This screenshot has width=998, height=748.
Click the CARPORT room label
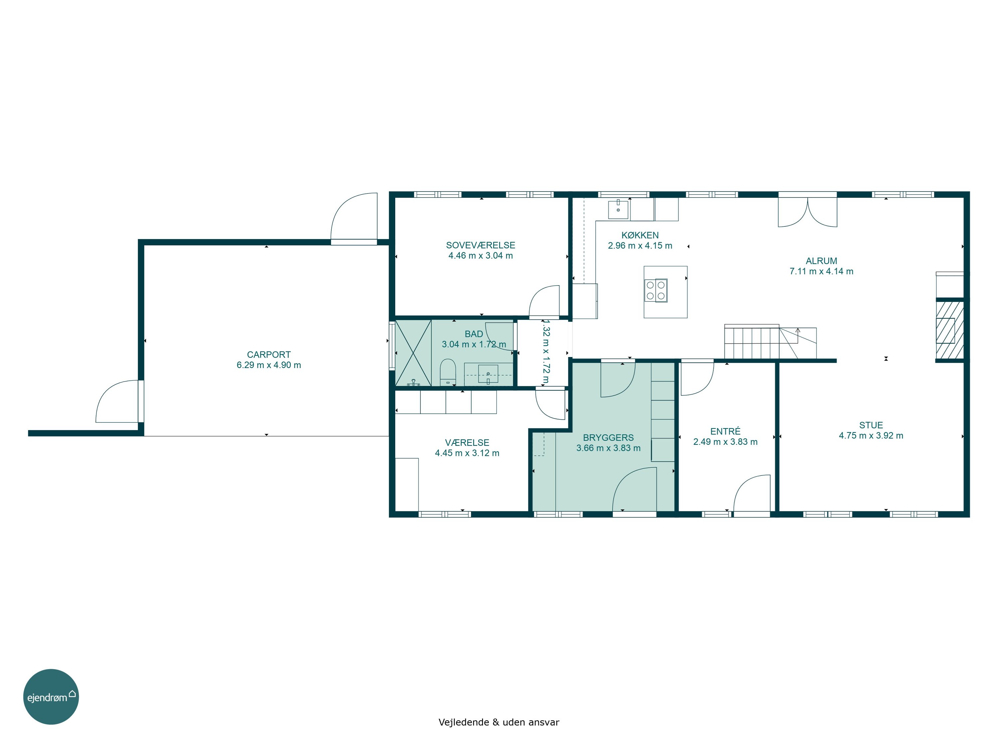pos(268,355)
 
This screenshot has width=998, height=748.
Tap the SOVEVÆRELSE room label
pos(480,245)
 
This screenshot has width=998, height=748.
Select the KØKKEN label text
pos(640,235)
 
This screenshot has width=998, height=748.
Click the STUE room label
pos(871,425)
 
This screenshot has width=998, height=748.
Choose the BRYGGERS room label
pos(608,438)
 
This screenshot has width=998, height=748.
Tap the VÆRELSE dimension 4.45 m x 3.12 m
pos(467,453)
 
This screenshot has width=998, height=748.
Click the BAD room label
pos(474,334)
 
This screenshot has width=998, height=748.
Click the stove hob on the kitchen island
pos(656,290)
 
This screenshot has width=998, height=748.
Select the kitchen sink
pos(618,210)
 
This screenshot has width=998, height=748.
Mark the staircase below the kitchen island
pos(770,342)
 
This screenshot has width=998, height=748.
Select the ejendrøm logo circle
pos(51,696)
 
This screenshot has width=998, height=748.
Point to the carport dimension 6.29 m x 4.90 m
pos(268,365)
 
